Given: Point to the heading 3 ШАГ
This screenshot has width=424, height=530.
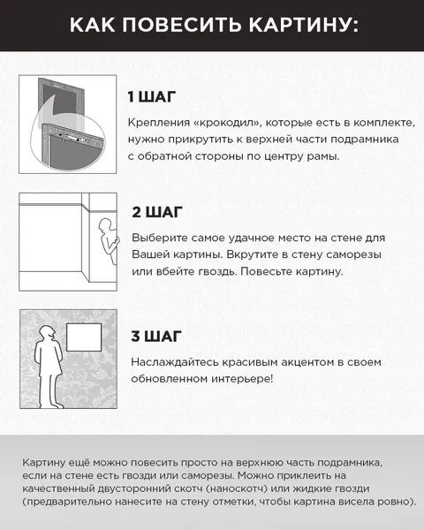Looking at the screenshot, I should (157, 337).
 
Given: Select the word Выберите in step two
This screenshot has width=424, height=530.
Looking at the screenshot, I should (157, 238).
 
